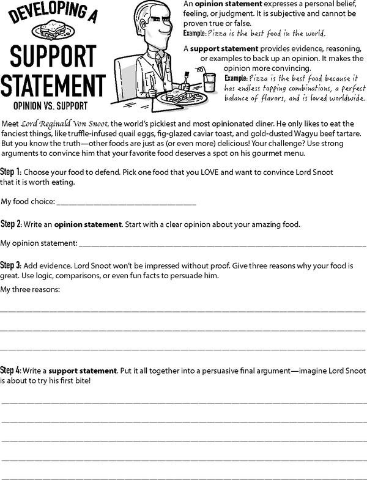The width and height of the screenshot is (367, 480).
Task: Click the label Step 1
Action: pos(11,172)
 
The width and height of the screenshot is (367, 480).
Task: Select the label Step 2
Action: pos(11,224)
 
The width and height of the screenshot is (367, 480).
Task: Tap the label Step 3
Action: pos(11,266)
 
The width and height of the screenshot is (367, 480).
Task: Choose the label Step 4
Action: pos(11,371)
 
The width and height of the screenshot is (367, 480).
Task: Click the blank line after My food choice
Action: pos(126,202)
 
